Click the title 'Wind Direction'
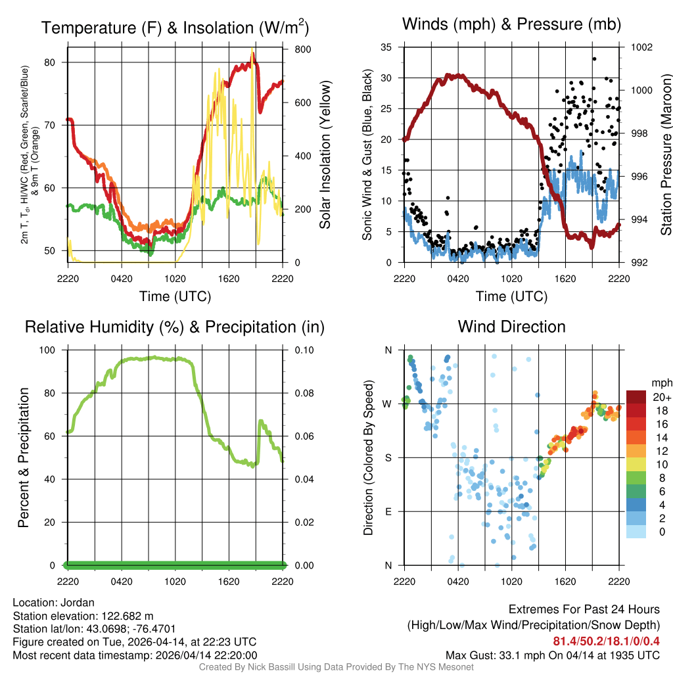(x=511, y=327)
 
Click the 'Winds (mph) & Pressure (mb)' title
(x=511, y=25)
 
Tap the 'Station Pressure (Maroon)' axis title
(x=666, y=154)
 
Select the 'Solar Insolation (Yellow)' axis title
(x=325, y=154)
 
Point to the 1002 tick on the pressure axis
(x=643, y=47)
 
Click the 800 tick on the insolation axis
(x=294, y=49)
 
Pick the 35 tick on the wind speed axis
(x=386, y=47)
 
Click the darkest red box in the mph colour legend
(x=636, y=397)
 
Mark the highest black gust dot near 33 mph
(x=593, y=58)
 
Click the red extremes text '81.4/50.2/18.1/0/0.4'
(x=607, y=641)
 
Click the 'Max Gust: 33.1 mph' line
(x=553, y=655)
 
